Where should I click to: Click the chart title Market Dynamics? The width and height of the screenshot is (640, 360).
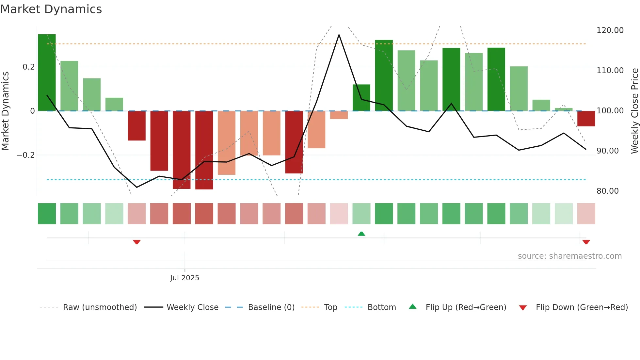[x=51, y=9]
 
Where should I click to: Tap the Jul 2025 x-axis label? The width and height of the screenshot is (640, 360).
[x=184, y=278]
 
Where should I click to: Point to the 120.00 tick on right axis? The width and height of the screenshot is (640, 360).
[x=610, y=30]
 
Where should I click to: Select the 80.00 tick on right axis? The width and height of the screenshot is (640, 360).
[x=607, y=191]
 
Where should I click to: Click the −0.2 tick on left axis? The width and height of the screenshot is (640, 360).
[x=26, y=155]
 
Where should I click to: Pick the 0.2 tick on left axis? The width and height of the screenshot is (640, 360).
[x=28, y=67]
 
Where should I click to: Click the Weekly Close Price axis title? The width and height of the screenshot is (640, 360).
[x=634, y=110]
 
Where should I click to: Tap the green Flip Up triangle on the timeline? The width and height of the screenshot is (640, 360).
[x=361, y=234]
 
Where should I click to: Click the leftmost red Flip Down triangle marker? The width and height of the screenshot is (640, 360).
[x=137, y=242]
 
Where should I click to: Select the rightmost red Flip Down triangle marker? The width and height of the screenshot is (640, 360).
[x=586, y=242]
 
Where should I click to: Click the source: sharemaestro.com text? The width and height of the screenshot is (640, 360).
[x=569, y=256]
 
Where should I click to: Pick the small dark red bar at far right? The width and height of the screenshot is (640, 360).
[x=586, y=119]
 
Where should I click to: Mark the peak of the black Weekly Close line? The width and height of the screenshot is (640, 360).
[x=339, y=35]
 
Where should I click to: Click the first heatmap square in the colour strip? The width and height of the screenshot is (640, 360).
[x=47, y=214]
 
